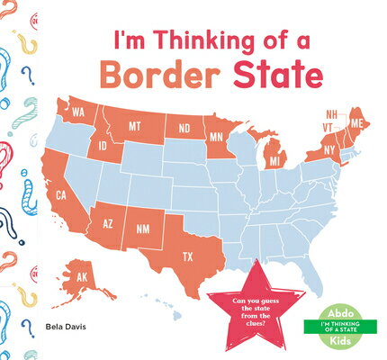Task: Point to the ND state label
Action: click(x=184, y=128)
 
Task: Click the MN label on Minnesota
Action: click(x=217, y=139)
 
